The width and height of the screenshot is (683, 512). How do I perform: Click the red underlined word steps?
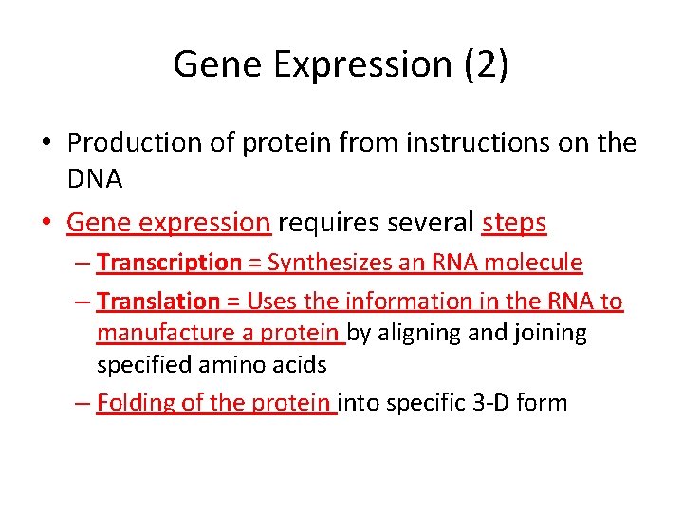coord(514,223)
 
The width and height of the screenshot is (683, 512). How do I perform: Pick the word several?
coord(431,223)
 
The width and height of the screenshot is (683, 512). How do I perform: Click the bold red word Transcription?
coord(170,263)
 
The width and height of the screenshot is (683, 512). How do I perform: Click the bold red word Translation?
coord(158,302)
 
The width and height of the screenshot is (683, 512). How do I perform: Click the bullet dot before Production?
coord(47,144)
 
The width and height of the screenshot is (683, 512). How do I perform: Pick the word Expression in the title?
coord(361,65)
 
